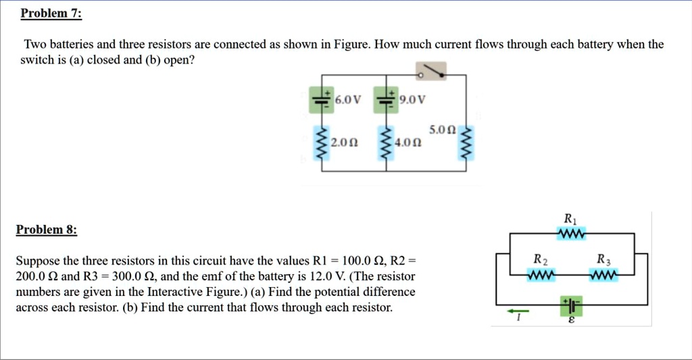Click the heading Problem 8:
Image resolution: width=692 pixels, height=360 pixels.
coord(47,230)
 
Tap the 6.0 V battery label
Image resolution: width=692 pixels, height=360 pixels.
coord(348,101)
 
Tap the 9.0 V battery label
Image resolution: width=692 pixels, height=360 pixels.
coord(412,101)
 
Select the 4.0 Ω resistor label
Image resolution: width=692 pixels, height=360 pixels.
coord(409,143)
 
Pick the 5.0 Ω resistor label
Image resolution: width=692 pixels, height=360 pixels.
coord(443,129)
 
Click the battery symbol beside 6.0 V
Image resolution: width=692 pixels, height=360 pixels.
coord(320,100)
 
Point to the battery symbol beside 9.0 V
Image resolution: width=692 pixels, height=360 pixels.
coord(385,100)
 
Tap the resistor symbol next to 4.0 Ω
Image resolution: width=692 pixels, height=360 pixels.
coord(385,143)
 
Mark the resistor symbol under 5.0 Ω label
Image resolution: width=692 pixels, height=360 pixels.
coord(466,143)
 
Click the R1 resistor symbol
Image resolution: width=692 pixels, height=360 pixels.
coord(571,234)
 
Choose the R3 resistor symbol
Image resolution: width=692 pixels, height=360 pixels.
coord(603,276)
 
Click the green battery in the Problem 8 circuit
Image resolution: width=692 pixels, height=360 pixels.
coord(571,305)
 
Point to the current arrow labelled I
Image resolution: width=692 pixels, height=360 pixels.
coord(518,311)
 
